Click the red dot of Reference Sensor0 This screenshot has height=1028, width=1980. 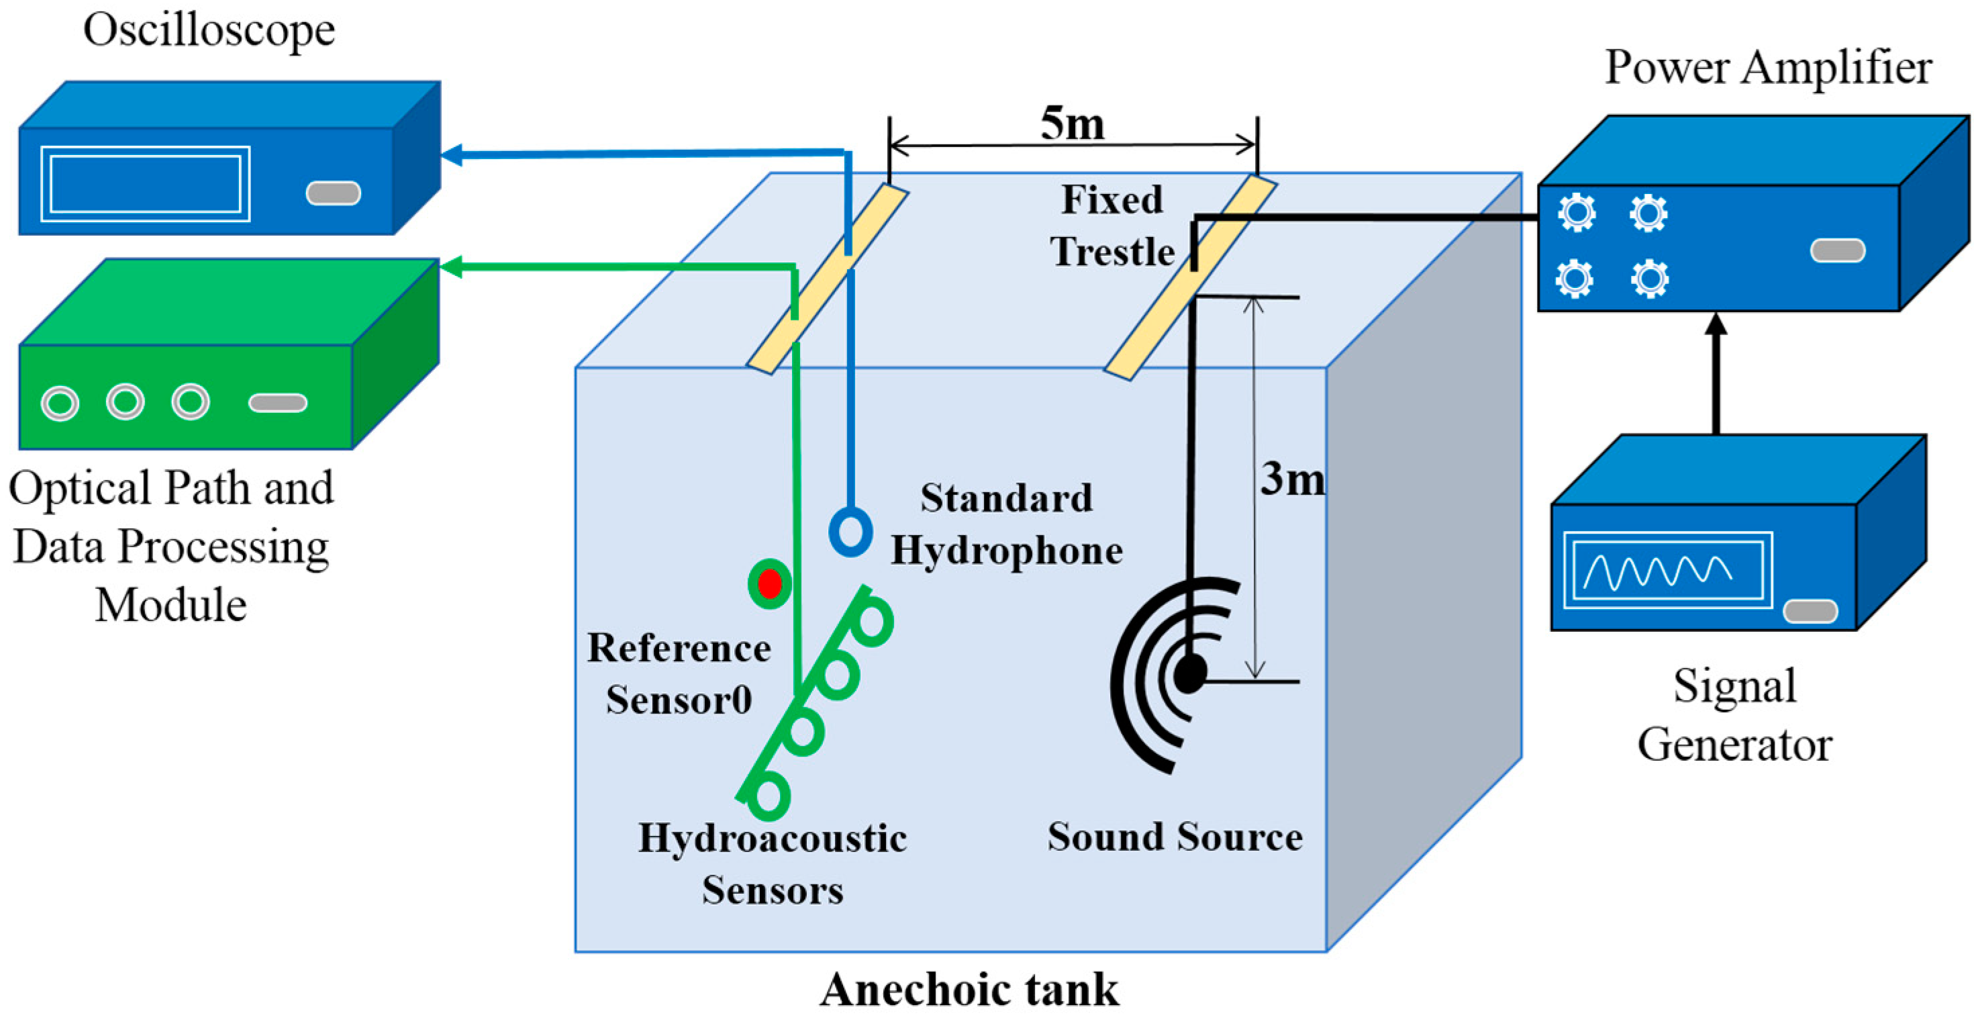click(769, 583)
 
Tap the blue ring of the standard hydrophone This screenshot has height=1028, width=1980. click(850, 531)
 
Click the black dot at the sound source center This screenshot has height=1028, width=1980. click(1190, 674)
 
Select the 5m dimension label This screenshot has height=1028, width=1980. click(1073, 123)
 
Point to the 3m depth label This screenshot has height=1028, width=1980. click(1293, 479)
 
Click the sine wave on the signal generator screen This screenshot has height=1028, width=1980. click(1657, 571)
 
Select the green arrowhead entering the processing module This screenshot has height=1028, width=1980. click(450, 267)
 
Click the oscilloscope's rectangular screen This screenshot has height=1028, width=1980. click(145, 183)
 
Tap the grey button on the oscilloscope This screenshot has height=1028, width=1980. click(333, 193)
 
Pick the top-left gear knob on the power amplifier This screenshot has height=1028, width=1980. click(1577, 213)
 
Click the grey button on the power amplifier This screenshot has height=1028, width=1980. click(1837, 250)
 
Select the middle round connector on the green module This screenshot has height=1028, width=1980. click(126, 402)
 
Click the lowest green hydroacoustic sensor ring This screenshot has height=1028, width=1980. click(769, 796)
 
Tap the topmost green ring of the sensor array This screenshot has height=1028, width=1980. click(873, 621)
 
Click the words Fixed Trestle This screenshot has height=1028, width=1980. click(1111, 226)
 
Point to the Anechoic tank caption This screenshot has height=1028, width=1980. click(969, 990)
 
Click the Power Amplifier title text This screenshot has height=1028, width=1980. click(1768, 68)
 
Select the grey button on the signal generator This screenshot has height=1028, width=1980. click(1810, 611)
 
